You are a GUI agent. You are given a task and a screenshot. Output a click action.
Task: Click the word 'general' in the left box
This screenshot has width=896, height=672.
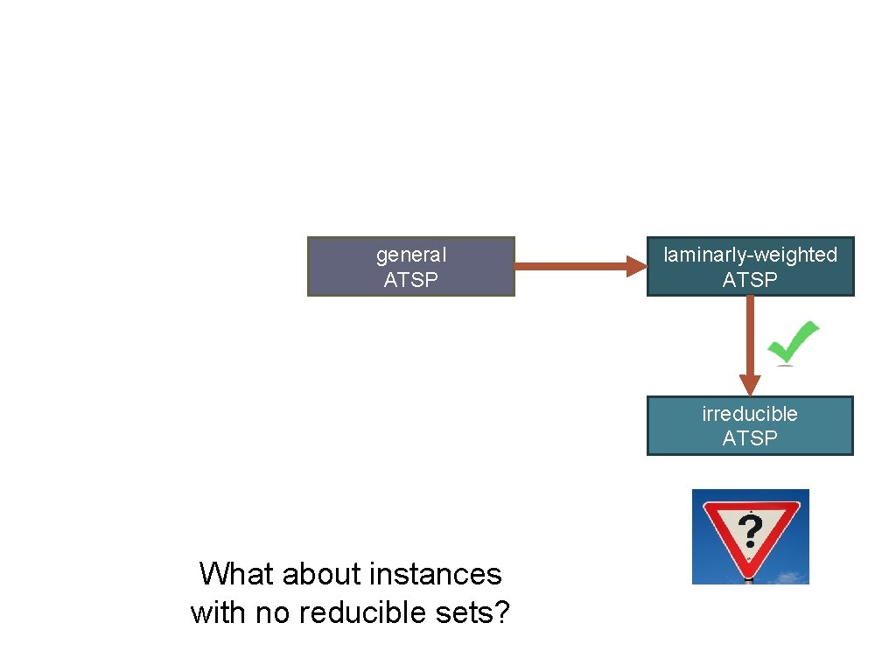tap(410, 255)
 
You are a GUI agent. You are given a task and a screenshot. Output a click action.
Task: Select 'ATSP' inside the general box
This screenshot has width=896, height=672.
tap(410, 280)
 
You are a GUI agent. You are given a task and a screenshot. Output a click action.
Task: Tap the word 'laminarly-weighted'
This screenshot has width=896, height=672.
tap(750, 255)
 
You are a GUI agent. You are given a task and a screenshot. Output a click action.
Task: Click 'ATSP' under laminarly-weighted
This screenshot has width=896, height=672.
tap(750, 280)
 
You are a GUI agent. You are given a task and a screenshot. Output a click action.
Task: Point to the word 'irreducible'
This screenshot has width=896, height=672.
tap(750, 413)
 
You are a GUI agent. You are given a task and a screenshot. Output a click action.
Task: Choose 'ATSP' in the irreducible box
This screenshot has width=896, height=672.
tap(750, 437)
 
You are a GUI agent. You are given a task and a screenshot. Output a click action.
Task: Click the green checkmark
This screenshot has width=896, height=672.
tap(792, 342)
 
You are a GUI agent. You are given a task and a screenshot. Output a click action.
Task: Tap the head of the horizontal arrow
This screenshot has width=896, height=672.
tap(635, 266)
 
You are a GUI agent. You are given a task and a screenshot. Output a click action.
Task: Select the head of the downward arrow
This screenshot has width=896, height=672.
tap(750, 385)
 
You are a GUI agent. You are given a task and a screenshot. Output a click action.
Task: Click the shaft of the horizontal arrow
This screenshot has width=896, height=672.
tap(569, 266)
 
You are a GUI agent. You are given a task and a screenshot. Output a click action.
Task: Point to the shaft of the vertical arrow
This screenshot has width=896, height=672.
tap(750, 332)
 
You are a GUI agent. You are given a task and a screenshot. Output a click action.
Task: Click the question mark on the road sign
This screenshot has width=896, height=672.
tap(750, 530)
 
